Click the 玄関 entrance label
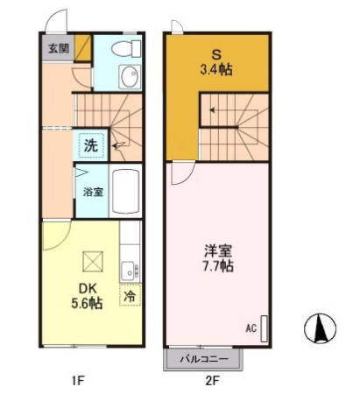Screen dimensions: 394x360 (54, 47)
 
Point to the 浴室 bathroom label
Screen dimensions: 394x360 (92, 192)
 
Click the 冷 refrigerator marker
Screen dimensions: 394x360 (131, 297)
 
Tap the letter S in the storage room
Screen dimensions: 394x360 (214, 53)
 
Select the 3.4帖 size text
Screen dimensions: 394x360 (215, 68)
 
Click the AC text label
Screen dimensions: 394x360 (250, 328)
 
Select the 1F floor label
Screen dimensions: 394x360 (79, 380)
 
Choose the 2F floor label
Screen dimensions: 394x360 (212, 380)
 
